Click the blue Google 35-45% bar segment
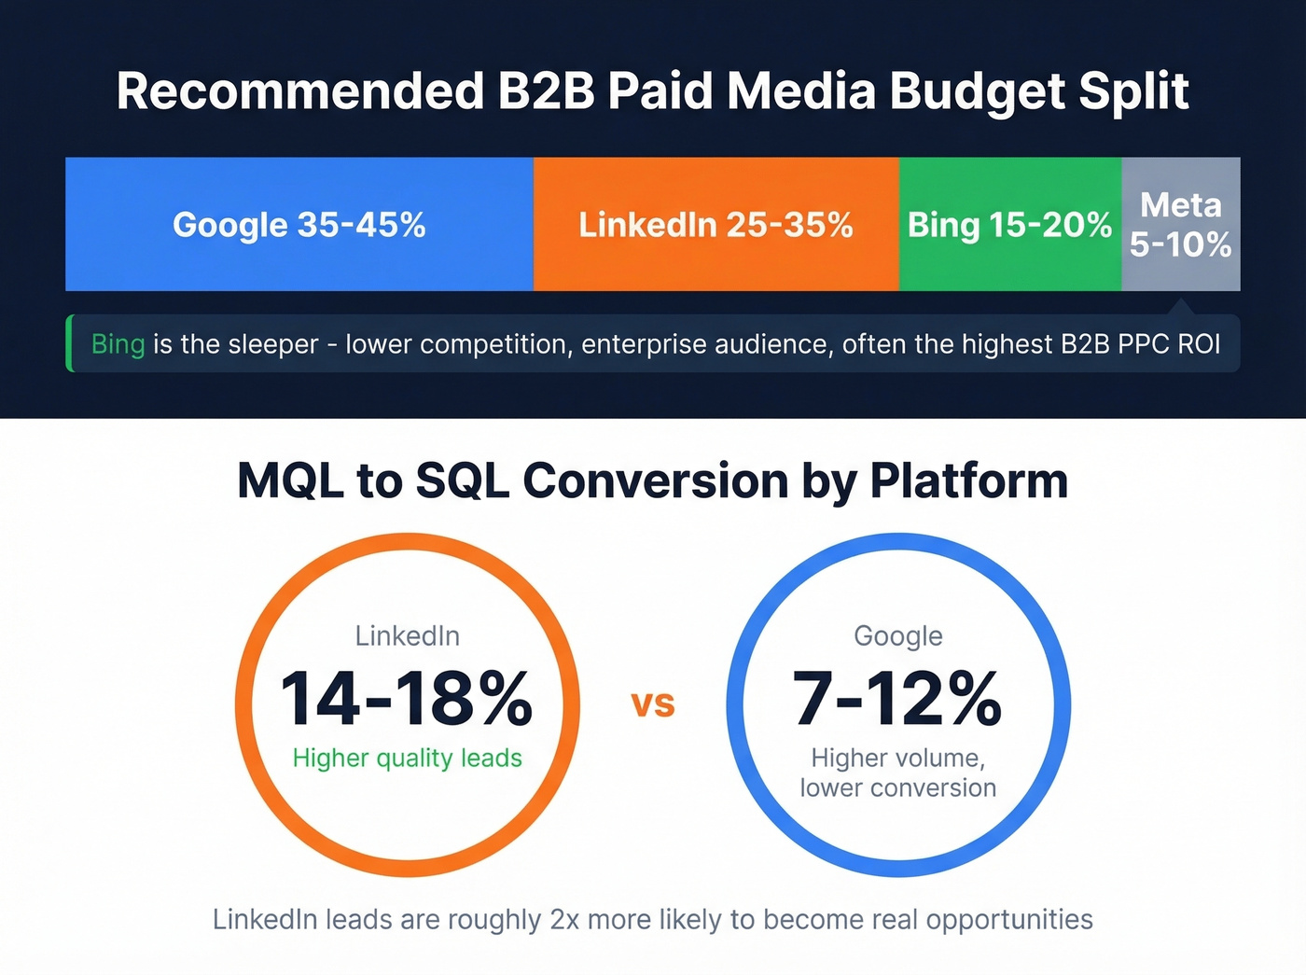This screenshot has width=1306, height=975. click(299, 225)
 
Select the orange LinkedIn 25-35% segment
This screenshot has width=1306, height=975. click(716, 225)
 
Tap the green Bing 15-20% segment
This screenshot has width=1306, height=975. click(1009, 225)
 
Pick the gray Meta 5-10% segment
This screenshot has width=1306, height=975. click(1180, 225)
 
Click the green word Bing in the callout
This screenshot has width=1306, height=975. click(118, 344)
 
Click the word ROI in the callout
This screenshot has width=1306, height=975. click(1199, 344)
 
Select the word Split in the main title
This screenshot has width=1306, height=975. click(1133, 91)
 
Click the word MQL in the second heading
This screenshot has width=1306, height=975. click(290, 481)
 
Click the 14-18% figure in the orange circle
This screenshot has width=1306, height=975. click(407, 698)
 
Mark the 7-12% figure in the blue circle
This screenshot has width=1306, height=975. click(897, 698)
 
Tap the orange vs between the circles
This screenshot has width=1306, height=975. click(653, 703)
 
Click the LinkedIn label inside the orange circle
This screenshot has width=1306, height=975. click(407, 636)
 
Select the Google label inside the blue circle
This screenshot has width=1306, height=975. click(898, 636)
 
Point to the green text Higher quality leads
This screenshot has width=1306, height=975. click(407, 758)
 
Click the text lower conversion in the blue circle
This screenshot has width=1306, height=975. click(897, 788)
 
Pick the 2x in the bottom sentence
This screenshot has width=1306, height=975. click(564, 920)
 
